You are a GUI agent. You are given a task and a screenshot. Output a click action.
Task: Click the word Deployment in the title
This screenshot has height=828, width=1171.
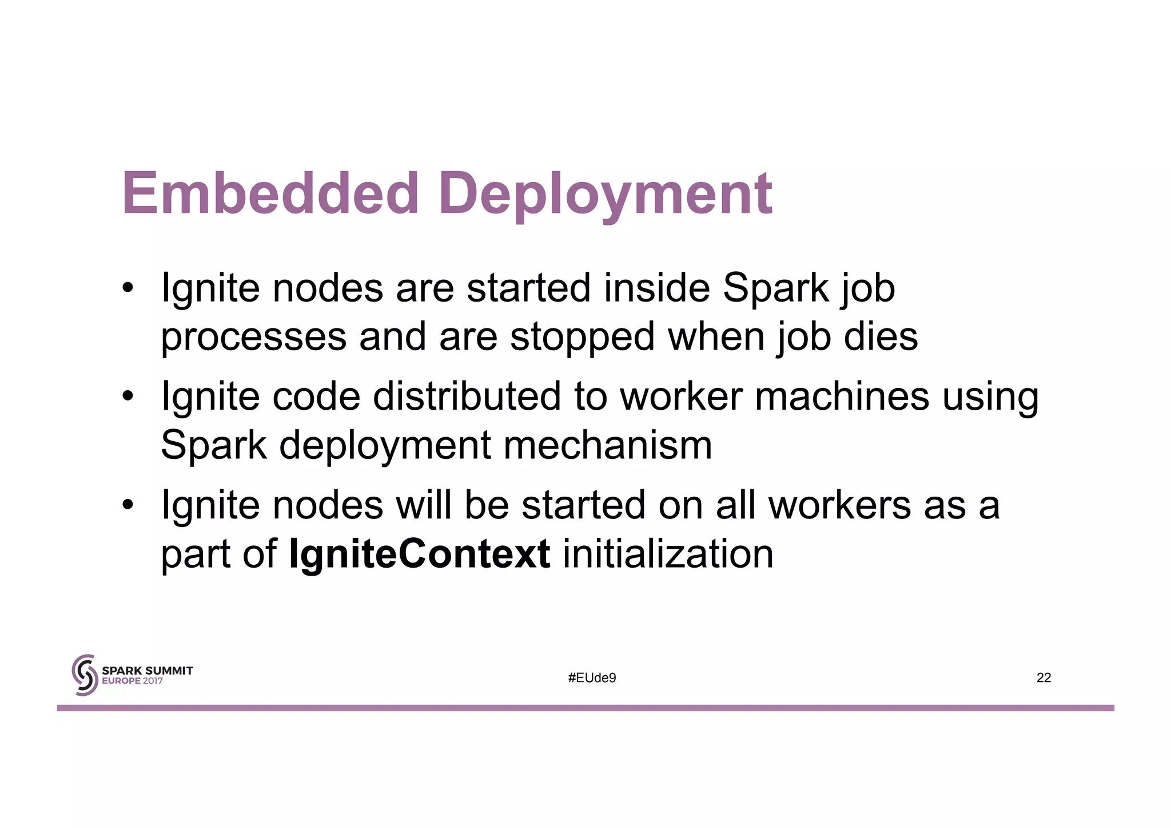[606, 195]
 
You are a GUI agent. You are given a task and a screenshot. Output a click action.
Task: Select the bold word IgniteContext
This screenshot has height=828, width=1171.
[420, 554]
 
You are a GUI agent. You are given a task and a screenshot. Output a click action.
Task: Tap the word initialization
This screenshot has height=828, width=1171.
[668, 554]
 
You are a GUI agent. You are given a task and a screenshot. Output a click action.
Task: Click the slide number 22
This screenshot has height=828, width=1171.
[1043, 678]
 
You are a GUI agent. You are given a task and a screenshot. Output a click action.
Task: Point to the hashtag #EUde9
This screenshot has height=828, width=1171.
[592, 678]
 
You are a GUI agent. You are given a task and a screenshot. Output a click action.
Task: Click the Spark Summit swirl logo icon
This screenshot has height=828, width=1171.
[83, 675]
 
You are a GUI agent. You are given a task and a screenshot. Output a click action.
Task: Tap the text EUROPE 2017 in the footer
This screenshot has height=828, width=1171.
[132, 681]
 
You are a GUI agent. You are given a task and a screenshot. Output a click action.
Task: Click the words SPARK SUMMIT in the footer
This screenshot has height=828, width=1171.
[147, 670]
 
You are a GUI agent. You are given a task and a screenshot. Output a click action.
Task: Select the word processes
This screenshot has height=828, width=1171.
[253, 337]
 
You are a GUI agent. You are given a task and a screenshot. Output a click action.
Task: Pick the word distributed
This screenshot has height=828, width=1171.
[467, 396]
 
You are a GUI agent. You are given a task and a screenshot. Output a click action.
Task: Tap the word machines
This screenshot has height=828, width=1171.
[842, 396]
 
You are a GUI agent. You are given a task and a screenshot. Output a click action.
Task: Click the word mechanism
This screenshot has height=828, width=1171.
[607, 445]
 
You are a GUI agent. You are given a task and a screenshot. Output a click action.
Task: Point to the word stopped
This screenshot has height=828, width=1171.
[582, 337]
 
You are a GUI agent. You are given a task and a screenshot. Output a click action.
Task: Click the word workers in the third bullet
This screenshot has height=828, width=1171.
[839, 505]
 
